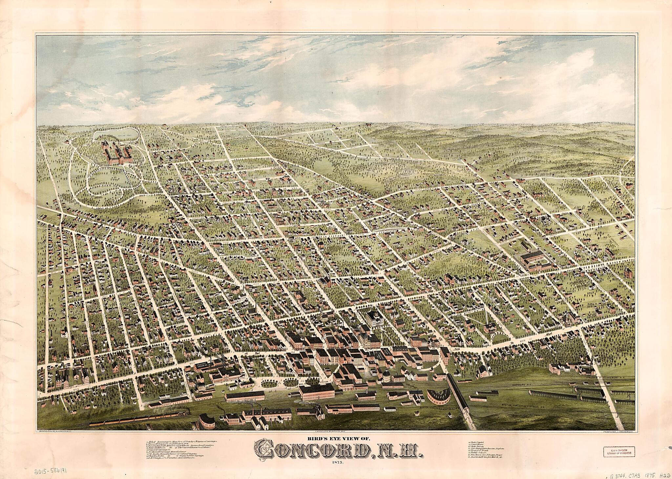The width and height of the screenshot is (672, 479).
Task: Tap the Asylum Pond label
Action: click(x=113, y=135)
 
